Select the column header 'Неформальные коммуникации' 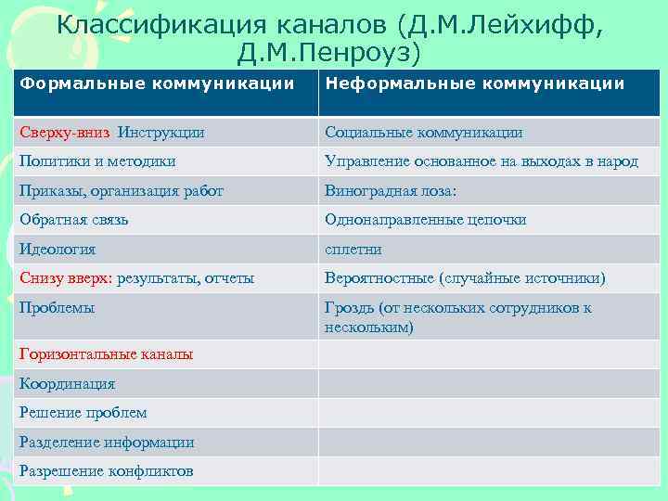point(474,83)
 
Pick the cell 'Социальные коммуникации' point(423,133)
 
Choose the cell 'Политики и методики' point(97,161)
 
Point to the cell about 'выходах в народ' point(481,161)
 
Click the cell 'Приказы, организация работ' point(122,191)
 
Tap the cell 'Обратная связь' point(74,220)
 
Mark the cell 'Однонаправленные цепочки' point(425,220)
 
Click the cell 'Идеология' point(58,249)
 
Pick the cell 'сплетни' point(353,249)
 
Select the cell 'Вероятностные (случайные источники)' point(464,277)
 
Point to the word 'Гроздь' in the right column point(349,307)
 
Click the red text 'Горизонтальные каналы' point(107,354)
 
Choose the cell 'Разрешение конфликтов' point(107,471)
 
